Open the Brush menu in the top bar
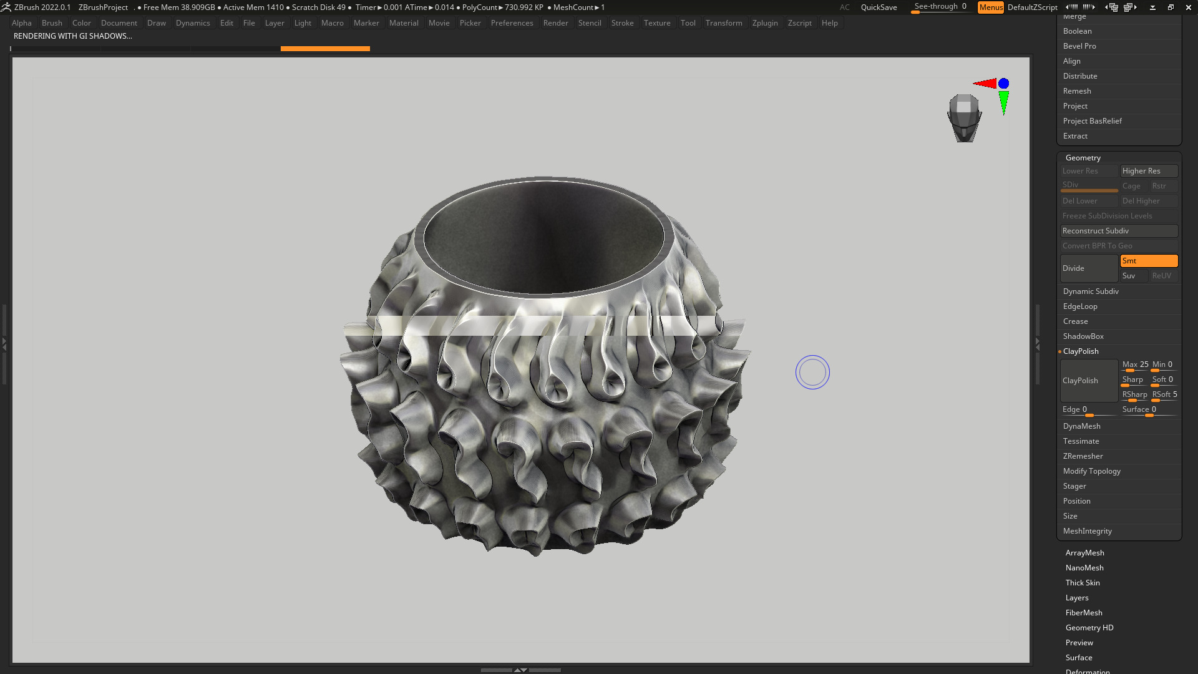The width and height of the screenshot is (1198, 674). (x=52, y=23)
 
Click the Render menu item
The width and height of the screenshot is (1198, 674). (x=555, y=23)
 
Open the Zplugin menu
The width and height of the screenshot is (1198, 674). (x=764, y=23)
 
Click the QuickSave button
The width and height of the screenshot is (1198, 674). (x=879, y=7)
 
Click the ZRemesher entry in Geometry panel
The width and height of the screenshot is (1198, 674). (x=1083, y=456)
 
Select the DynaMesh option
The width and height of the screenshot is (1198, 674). (x=1081, y=426)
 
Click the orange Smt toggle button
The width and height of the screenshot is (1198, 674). (x=1149, y=261)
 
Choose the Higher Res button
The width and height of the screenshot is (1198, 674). (x=1149, y=171)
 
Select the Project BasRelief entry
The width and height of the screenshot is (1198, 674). (x=1092, y=121)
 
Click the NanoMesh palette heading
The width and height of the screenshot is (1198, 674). (x=1084, y=568)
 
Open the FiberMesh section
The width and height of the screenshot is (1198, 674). (x=1084, y=613)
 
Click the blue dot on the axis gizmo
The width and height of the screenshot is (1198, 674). (x=1003, y=84)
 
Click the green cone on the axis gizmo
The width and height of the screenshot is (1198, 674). (x=1003, y=102)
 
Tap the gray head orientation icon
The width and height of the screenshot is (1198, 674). (x=964, y=117)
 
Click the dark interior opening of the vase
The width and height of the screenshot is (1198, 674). (x=543, y=237)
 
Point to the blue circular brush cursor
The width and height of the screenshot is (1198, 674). (x=812, y=373)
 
